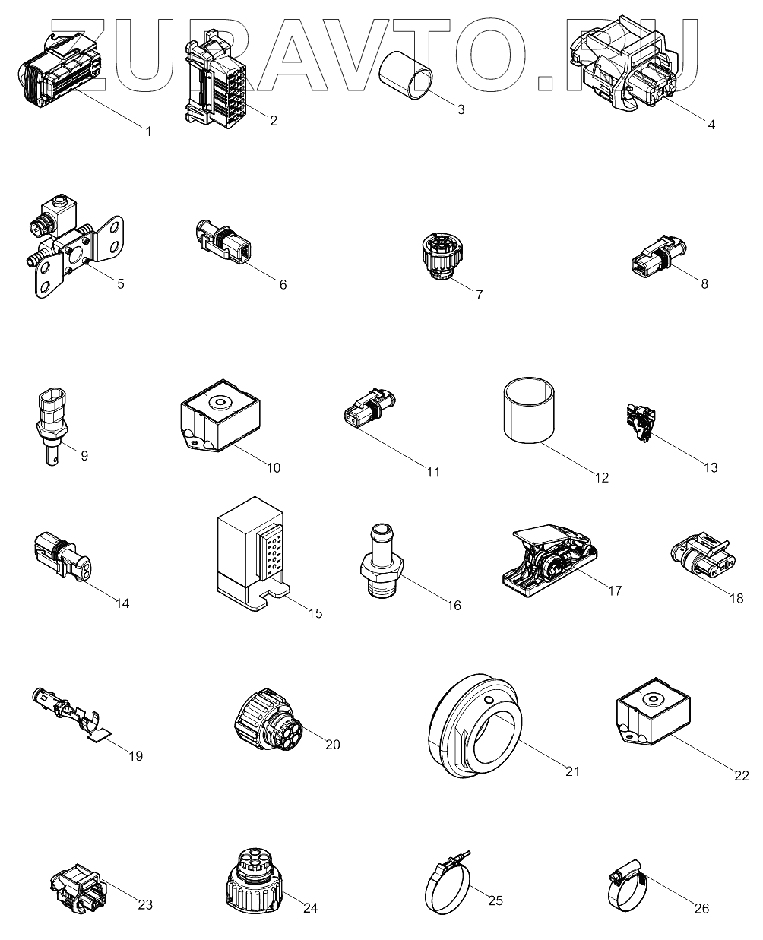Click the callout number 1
pos(148,131)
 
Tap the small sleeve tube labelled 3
pos(406,75)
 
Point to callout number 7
pos(479,295)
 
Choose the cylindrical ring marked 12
pos(530,411)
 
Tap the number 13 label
pos(710,467)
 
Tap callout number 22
pos(741,776)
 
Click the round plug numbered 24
pos(254,881)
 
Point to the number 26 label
pos(701,908)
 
